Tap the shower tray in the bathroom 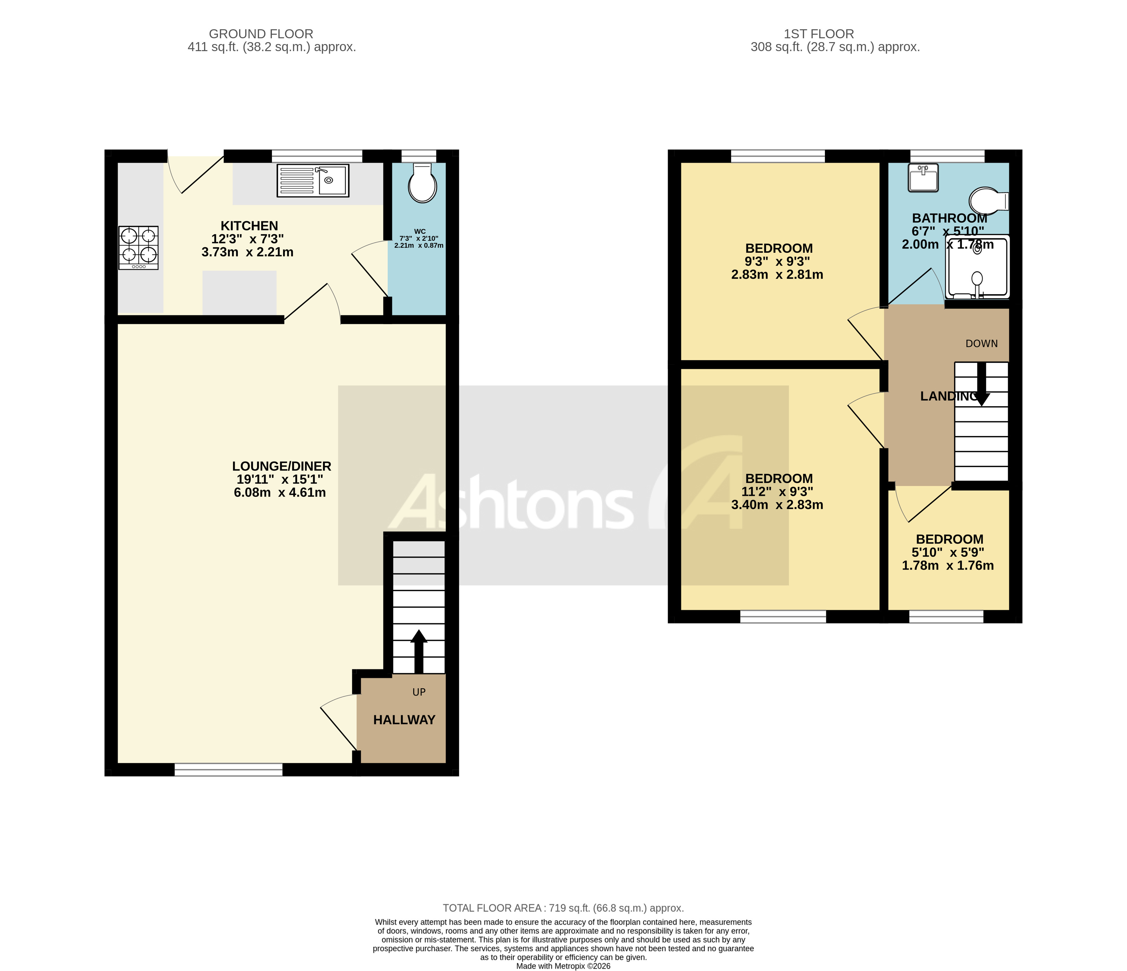click(978, 266)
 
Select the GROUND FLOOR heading click(261, 34)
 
